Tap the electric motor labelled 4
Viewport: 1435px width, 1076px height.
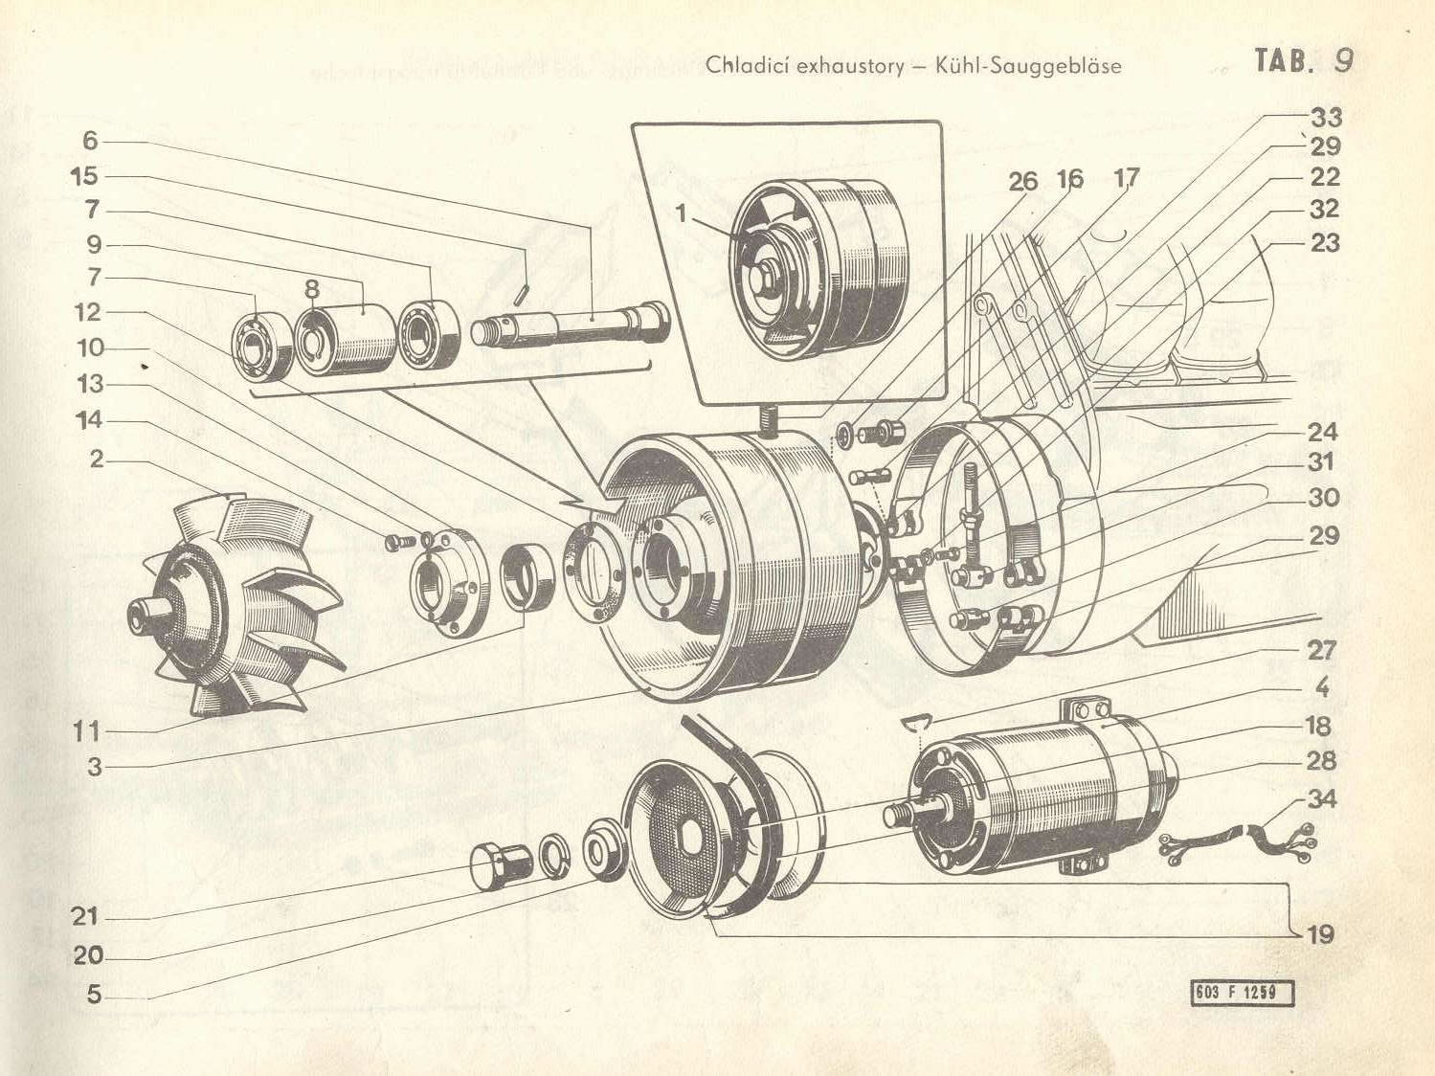tap(1043, 795)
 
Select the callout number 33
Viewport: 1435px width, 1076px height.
tap(1326, 118)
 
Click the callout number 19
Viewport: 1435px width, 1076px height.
tap(1320, 933)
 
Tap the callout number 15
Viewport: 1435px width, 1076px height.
tap(84, 176)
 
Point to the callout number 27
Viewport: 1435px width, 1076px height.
tap(1322, 650)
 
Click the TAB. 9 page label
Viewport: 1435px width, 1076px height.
tap(1304, 60)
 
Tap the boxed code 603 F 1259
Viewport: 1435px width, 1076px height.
tap(1242, 993)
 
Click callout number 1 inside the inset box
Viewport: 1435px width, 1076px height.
tap(681, 213)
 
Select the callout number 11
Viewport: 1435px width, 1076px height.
tap(86, 732)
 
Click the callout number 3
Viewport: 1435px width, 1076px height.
tap(93, 766)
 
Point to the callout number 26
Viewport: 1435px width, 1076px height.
tap(1022, 181)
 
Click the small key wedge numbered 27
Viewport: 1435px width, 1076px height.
tap(917, 721)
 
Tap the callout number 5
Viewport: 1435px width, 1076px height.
tap(93, 995)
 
